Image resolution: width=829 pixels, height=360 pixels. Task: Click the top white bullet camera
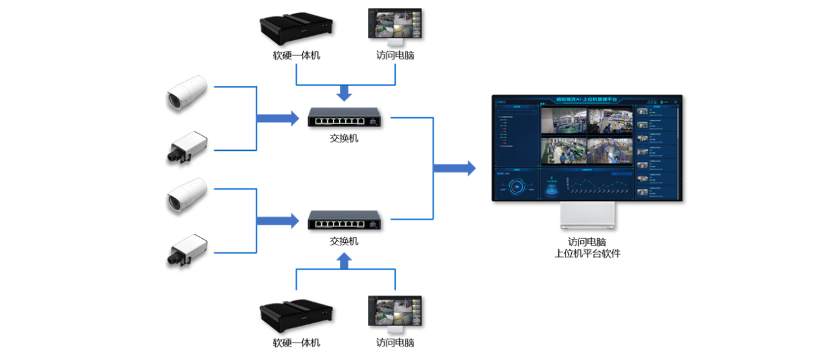pyautogui.click(x=186, y=92)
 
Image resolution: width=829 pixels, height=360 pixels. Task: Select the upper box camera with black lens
pyautogui.click(x=186, y=147)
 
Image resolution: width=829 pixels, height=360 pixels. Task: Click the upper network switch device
pyautogui.click(x=344, y=117)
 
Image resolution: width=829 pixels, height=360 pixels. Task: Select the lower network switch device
pyautogui.click(x=344, y=220)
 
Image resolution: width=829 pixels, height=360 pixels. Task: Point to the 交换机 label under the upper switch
pyautogui.click(x=344, y=138)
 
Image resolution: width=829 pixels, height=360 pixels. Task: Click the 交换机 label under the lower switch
pyautogui.click(x=344, y=241)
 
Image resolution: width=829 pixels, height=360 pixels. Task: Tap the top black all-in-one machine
pyautogui.click(x=296, y=27)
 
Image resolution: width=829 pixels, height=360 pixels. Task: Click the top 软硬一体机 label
pyautogui.click(x=296, y=55)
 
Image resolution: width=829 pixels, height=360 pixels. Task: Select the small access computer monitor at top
pyautogui.click(x=394, y=25)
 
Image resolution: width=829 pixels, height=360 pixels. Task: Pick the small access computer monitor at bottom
pyautogui.click(x=394, y=313)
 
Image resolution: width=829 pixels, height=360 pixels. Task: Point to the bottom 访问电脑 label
pyautogui.click(x=394, y=343)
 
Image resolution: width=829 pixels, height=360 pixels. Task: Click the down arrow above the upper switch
pyautogui.click(x=345, y=93)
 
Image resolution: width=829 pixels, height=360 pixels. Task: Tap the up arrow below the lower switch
pyautogui.click(x=345, y=261)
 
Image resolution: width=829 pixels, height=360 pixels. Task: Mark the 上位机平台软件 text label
pyautogui.click(x=587, y=254)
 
